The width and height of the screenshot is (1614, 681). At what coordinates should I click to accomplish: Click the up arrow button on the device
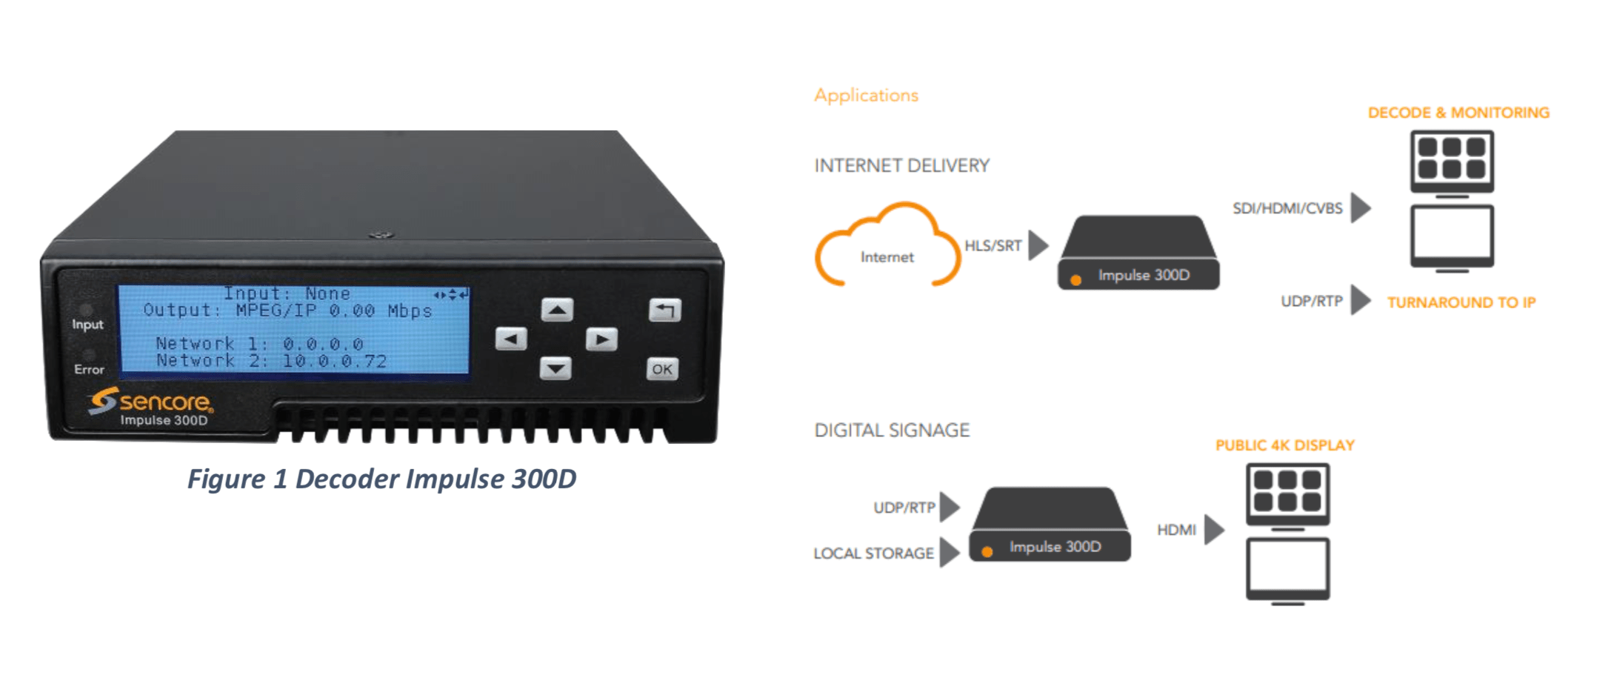click(x=557, y=310)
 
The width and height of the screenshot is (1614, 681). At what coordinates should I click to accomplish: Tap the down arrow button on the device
click(x=556, y=368)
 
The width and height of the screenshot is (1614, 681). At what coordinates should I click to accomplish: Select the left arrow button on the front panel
click(x=511, y=339)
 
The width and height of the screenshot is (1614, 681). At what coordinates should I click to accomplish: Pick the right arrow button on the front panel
click(x=601, y=339)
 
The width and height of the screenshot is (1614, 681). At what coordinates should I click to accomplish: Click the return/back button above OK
click(x=664, y=310)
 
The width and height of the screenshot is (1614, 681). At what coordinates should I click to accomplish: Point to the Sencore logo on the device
click(x=151, y=401)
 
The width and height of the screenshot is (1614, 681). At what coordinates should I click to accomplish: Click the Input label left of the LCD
click(x=87, y=325)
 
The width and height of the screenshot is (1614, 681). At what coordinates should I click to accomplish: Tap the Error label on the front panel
click(x=89, y=369)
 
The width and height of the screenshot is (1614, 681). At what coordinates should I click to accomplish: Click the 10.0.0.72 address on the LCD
click(x=334, y=362)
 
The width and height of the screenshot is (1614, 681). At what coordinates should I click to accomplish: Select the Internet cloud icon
click(x=887, y=248)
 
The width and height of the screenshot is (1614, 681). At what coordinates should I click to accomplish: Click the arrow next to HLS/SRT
click(x=1038, y=245)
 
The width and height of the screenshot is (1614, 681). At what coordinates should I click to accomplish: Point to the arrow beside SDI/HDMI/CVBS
click(x=1360, y=207)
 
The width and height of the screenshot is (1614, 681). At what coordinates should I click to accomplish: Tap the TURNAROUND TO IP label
click(x=1461, y=302)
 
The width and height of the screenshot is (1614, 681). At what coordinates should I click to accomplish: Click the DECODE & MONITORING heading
click(x=1458, y=113)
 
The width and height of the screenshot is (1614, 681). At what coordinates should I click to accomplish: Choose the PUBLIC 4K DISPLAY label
click(x=1284, y=445)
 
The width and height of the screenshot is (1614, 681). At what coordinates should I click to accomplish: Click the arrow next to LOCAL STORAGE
click(x=949, y=553)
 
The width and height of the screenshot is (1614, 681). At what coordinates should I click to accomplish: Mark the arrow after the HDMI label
click(x=1213, y=530)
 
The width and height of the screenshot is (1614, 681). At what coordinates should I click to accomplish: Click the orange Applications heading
click(x=866, y=96)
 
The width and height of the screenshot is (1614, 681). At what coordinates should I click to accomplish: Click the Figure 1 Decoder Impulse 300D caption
click(x=381, y=479)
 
